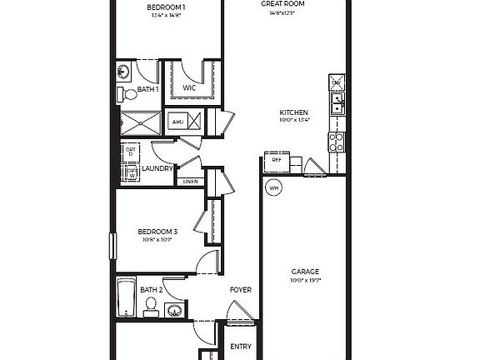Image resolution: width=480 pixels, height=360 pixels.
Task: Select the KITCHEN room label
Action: (x=294, y=112)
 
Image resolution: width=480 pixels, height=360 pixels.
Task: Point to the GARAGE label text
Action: (x=305, y=272)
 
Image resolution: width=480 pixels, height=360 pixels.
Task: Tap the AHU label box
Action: (x=177, y=122)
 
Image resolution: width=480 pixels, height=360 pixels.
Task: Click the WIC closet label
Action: (x=189, y=87)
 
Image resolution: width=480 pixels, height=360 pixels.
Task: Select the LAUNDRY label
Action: (x=157, y=169)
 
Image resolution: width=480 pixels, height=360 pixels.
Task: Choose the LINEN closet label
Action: (x=190, y=182)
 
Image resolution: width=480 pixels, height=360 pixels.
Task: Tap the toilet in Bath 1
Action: (x=122, y=92)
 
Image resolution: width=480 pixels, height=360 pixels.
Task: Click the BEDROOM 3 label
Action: (x=157, y=232)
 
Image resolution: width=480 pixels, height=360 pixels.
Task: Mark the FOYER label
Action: (x=241, y=290)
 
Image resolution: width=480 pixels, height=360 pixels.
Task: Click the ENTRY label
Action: (x=241, y=347)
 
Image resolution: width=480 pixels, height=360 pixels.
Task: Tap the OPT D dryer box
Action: (x=130, y=152)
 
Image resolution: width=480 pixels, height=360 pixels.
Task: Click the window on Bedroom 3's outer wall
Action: (x=112, y=247)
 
